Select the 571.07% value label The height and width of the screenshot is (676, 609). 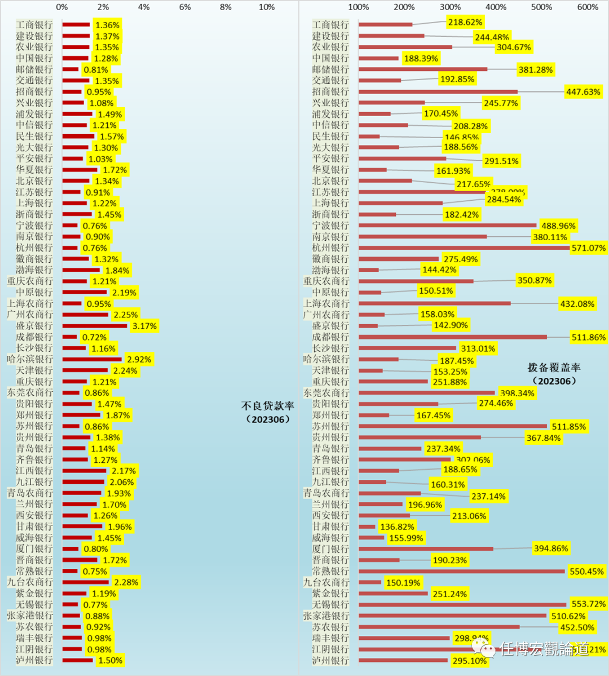tap(588, 248)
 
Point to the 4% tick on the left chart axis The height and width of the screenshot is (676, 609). tap(144, 7)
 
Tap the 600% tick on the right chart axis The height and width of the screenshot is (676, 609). tap(588, 7)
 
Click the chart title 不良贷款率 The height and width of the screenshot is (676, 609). tap(267, 406)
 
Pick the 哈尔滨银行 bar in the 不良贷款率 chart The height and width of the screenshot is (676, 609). tap(92, 359)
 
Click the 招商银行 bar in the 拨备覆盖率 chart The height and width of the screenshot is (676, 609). tap(438, 91)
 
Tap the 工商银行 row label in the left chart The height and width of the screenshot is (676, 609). tap(34, 25)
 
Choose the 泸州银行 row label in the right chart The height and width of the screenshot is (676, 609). tap(330, 660)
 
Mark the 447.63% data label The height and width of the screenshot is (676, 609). tap(584, 91)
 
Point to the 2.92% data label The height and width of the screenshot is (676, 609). tap(139, 359)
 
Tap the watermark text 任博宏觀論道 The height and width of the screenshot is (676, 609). tap(545, 649)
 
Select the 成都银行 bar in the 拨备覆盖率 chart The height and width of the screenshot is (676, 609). tap(452, 337)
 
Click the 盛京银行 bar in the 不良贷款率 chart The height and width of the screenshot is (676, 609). tap(95, 326)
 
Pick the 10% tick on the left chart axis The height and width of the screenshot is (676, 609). tap(266, 7)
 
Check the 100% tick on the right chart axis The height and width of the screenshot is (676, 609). tap(359, 7)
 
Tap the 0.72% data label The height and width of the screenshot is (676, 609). tap(94, 337)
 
